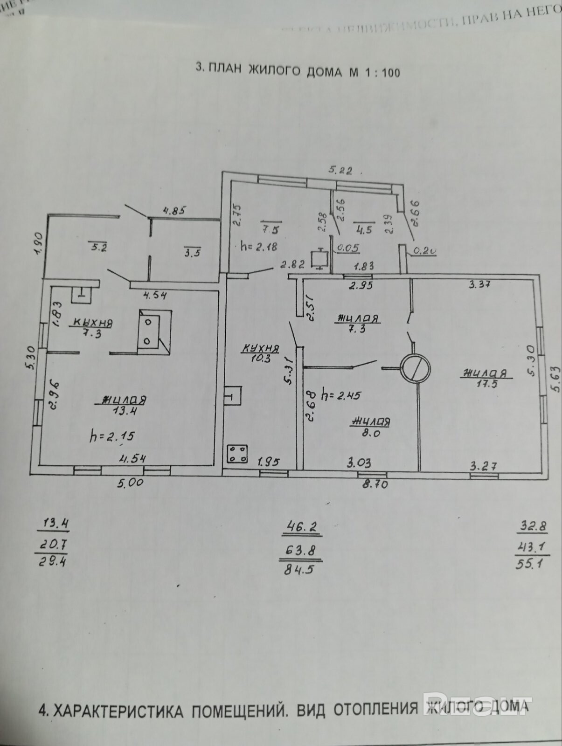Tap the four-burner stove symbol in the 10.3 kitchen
(x=237, y=454)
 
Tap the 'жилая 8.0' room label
(x=369, y=427)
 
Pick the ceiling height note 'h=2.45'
(x=341, y=396)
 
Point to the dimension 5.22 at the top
(x=340, y=171)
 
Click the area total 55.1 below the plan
(x=531, y=565)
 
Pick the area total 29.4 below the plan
(x=52, y=562)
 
